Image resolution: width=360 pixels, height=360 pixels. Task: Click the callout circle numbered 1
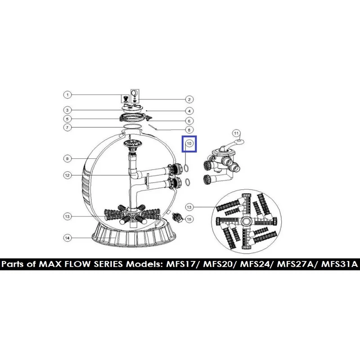point(67,95)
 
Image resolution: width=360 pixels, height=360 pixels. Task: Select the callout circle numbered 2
point(189,99)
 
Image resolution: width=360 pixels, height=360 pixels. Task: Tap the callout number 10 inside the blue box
point(189,144)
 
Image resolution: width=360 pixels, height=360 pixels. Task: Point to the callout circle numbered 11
point(236,133)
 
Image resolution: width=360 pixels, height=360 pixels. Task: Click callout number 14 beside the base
point(67,238)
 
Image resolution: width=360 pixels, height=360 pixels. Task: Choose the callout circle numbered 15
point(189,219)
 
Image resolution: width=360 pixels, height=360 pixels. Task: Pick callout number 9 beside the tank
point(67,159)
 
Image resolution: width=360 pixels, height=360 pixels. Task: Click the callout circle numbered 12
point(67,175)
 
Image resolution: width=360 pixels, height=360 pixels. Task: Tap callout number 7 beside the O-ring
point(67,127)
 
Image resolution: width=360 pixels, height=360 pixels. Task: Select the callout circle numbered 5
point(67,119)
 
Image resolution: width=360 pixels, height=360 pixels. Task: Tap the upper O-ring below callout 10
point(187,168)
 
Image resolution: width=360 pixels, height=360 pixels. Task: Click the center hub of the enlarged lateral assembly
point(246,221)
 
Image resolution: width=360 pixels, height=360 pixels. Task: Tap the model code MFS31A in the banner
point(340,264)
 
